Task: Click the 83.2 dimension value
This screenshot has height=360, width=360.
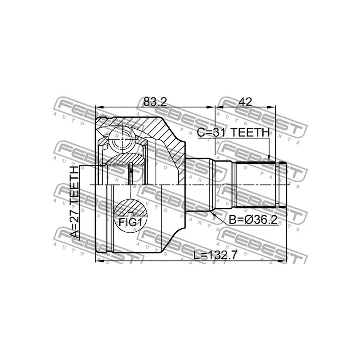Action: (x=155, y=102)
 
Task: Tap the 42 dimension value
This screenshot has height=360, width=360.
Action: (x=245, y=102)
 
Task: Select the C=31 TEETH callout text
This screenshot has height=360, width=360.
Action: (x=233, y=132)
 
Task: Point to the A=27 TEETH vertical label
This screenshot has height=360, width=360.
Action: (x=74, y=202)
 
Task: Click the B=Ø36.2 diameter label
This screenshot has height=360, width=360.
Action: (x=253, y=220)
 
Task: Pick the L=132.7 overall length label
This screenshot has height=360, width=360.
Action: (x=215, y=255)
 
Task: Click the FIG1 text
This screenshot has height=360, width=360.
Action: (x=130, y=222)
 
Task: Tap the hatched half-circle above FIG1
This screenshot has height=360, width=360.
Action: (x=130, y=208)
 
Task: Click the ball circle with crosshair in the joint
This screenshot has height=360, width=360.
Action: (x=122, y=139)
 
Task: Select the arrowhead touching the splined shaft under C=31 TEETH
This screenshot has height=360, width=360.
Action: (x=269, y=158)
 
